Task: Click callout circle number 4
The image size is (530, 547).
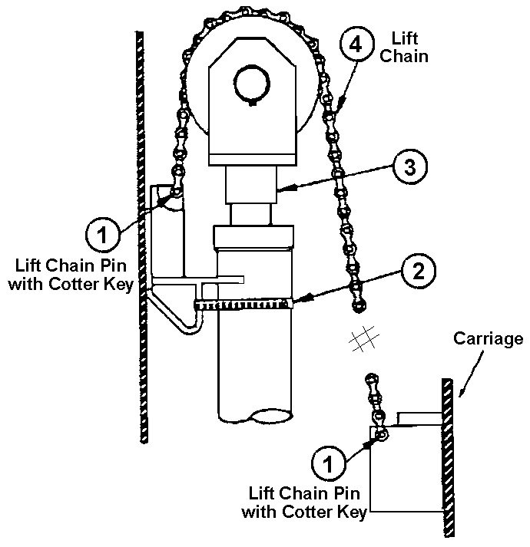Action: pos(353,45)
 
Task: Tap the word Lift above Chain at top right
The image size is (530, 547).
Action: pos(405,38)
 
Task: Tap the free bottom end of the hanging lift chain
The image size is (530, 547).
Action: pos(357,306)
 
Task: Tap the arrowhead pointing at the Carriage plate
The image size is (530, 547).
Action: pos(459,394)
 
